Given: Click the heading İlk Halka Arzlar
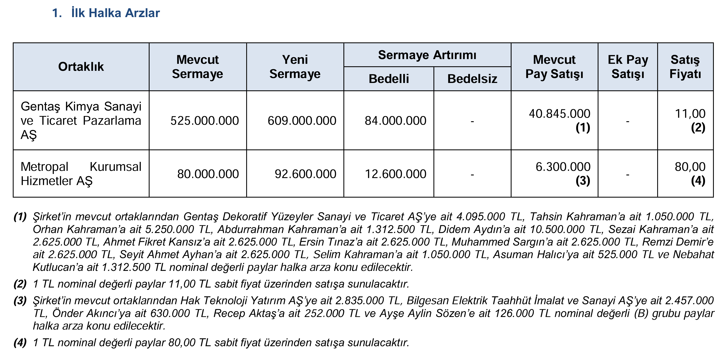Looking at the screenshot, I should (x=116, y=13).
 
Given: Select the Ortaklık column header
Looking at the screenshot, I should (x=81, y=67).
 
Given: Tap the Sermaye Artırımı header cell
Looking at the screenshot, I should (x=427, y=55).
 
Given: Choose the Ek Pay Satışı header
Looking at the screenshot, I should (x=628, y=67).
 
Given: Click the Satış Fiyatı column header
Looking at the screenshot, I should (x=685, y=67).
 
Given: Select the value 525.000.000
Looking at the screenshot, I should (x=204, y=121).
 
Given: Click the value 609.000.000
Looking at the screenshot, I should (x=302, y=121).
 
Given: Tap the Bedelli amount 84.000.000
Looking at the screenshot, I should (x=395, y=121).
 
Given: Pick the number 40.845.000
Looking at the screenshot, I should (x=560, y=114).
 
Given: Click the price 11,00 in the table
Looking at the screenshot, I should (x=690, y=114).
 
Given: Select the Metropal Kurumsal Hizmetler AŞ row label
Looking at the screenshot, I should (x=81, y=174).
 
